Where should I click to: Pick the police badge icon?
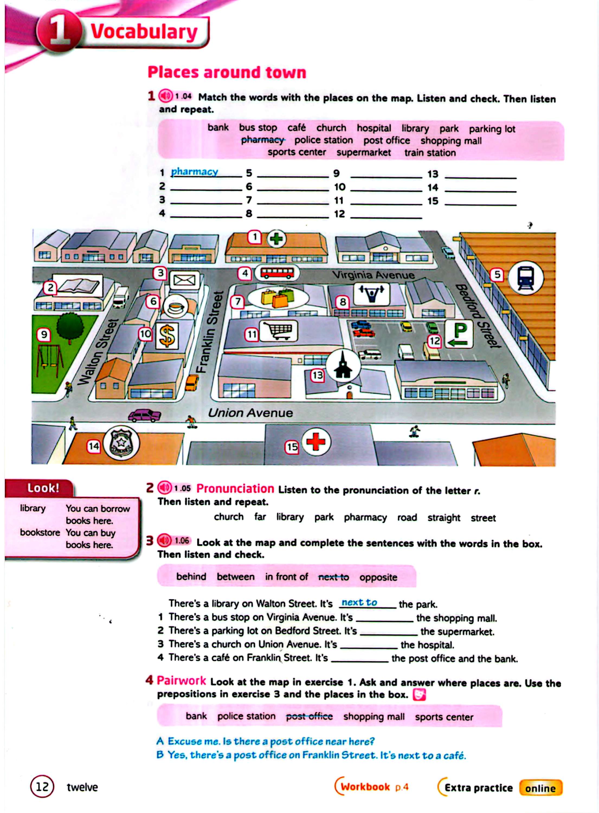click(x=121, y=443)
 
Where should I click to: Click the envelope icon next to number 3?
click(x=185, y=280)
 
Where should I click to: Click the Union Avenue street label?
click(x=250, y=412)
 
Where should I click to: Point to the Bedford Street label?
click(x=478, y=316)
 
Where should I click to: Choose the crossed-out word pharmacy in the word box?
click(x=263, y=140)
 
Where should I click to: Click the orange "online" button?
click(x=540, y=788)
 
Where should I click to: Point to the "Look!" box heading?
click(x=43, y=488)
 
